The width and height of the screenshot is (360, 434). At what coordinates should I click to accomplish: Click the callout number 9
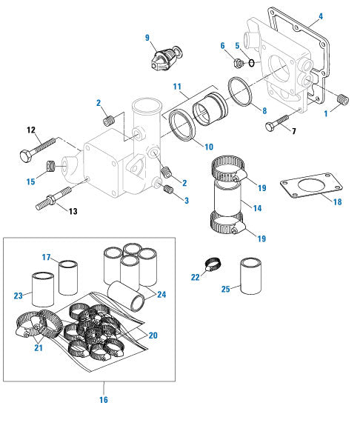tap(147, 38)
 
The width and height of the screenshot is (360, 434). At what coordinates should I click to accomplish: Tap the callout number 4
tap(321, 16)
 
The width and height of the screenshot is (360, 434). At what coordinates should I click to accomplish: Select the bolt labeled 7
tap(275, 122)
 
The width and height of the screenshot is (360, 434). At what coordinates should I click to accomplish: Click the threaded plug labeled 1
tap(342, 98)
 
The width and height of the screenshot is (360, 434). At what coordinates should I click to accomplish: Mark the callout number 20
tap(153, 335)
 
